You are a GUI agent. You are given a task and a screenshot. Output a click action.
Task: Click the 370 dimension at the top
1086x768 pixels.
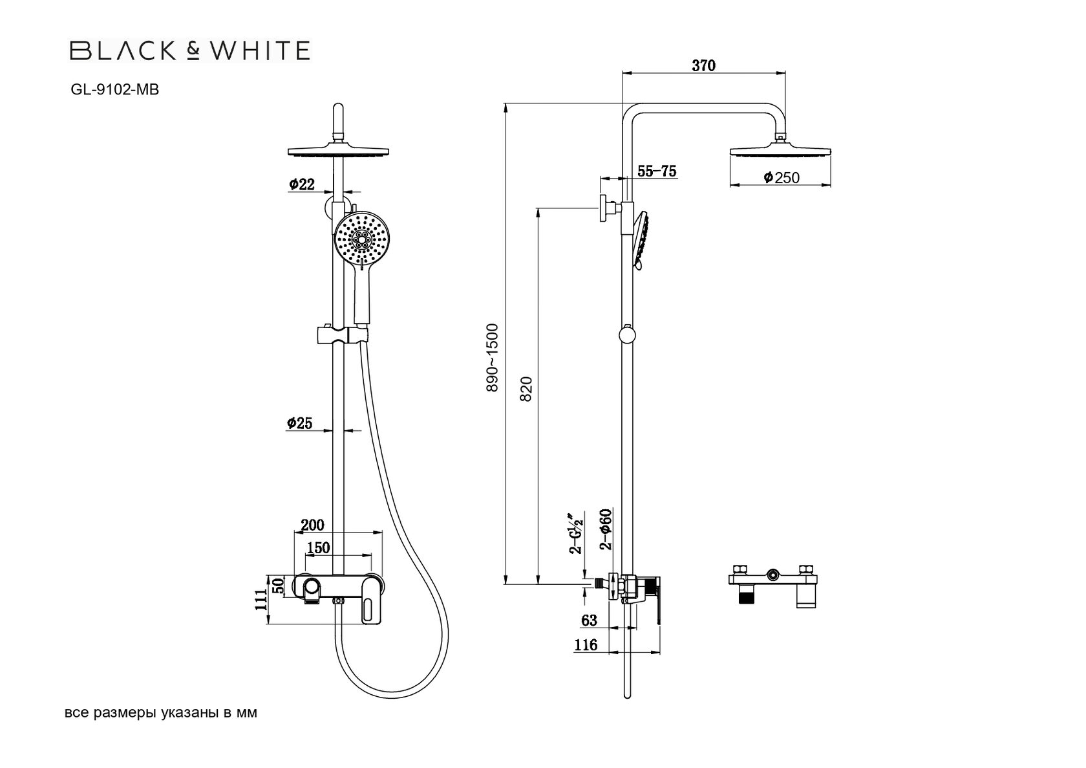point(703,65)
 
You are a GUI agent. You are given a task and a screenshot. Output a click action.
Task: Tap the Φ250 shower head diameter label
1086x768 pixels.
point(781,177)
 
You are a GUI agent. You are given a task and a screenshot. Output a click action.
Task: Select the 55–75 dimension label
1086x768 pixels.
point(657,171)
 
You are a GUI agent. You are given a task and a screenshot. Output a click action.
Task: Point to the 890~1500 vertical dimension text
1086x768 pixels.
point(493,357)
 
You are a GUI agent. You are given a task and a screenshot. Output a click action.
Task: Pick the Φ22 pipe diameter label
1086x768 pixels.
point(302,184)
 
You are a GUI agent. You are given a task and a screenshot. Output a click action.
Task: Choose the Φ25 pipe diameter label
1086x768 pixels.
point(300,423)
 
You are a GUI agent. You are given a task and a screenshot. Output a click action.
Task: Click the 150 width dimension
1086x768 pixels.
point(318,547)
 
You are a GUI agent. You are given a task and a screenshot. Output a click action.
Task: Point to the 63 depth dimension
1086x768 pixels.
point(589,620)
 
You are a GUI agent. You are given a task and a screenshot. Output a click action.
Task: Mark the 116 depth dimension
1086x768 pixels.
point(586,644)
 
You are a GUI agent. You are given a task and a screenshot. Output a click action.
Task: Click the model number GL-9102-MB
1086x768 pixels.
point(114,91)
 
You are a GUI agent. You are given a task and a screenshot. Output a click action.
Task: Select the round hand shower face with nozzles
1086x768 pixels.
point(362,239)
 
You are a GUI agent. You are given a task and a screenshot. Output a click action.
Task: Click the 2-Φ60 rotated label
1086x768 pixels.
point(606,529)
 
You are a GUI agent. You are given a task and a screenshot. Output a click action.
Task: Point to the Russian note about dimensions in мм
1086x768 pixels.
point(161,713)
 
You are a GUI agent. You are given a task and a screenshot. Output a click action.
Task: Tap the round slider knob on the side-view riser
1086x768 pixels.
point(626,335)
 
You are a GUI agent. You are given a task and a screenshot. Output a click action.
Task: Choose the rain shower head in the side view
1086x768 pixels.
point(780,151)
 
